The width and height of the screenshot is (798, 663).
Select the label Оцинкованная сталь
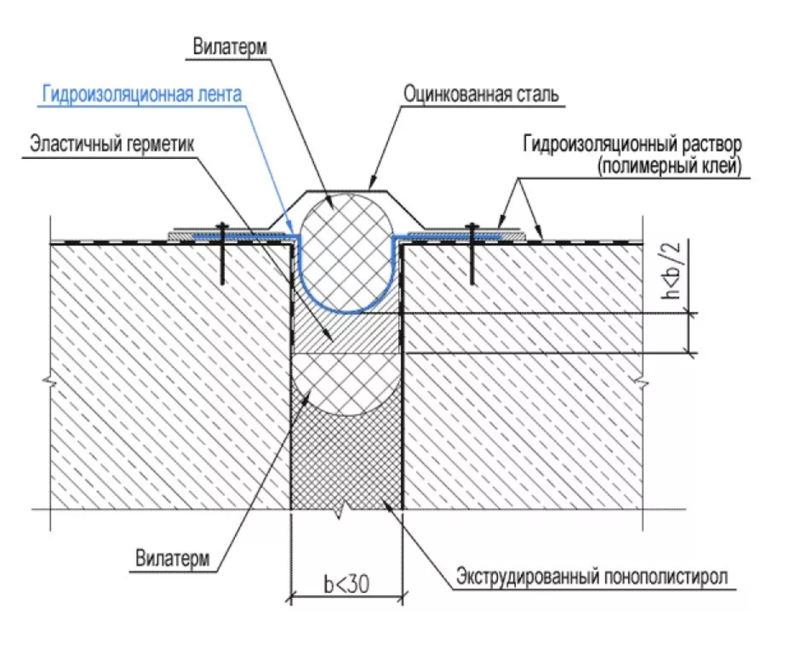pos(481,95)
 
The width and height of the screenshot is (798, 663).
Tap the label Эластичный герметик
pos(111,143)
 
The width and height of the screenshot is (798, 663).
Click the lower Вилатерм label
pos(172,558)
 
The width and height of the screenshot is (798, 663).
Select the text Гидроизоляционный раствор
pos(632,143)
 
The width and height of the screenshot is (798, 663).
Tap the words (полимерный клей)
pos(669,166)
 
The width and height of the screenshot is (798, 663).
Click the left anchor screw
pos(222,251)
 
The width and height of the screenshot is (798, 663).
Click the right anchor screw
pos(470,251)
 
